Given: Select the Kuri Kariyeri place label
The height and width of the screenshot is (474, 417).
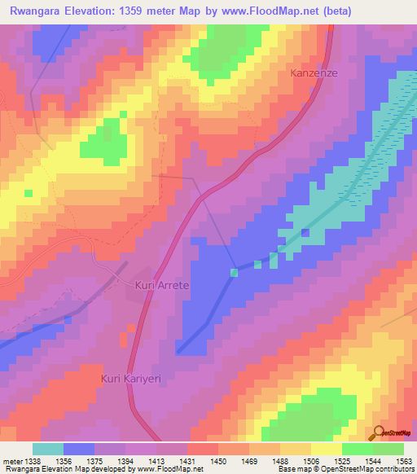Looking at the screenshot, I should (x=133, y=379).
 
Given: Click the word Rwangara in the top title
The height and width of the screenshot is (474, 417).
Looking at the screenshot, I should (x=37, y=11).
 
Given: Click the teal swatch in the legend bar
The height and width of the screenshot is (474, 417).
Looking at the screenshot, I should (x=48, y=449).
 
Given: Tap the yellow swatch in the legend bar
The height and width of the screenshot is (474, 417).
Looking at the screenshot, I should (x=327, y=449).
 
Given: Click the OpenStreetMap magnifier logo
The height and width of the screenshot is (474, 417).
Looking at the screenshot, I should (x=379, y=434).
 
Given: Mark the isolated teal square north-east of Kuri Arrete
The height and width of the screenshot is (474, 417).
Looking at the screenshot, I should (x=234, y=271).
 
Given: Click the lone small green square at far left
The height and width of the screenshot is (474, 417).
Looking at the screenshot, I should (x=29, y=193).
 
